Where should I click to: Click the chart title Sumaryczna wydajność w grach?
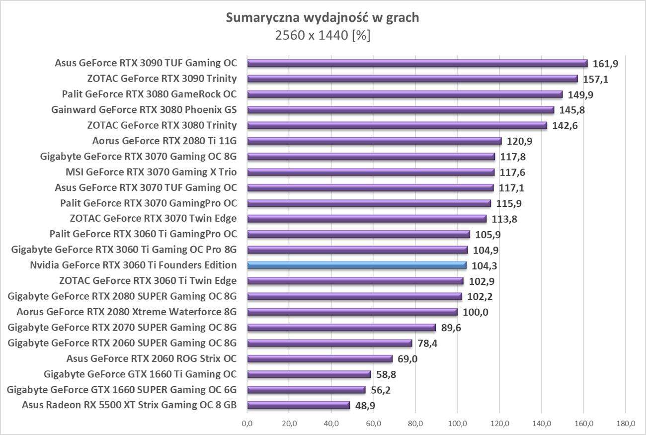point(323,18)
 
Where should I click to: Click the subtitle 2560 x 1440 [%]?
point(323,36)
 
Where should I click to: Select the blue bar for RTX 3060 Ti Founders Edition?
point(357,265)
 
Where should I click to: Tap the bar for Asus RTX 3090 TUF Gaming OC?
point(417,63)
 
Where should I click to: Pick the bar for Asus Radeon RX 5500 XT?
point(298,405)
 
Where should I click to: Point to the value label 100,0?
point(475,312)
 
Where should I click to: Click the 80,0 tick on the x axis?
point(415,424)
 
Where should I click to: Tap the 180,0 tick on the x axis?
point(626,424)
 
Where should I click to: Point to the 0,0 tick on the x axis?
point(247,424)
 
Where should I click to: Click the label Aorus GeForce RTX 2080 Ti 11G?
point(164,141)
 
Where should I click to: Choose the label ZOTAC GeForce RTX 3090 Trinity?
point(161,79)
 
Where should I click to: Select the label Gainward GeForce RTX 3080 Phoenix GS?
point(144,109)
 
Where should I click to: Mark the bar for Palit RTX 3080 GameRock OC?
point(404,94)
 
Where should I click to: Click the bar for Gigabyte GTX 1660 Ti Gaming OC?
point(309,374)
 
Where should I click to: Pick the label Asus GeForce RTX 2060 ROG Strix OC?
point(152,358)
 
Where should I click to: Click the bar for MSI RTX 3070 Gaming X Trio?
point(371,172)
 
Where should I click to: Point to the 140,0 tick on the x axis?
point(542,424)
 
